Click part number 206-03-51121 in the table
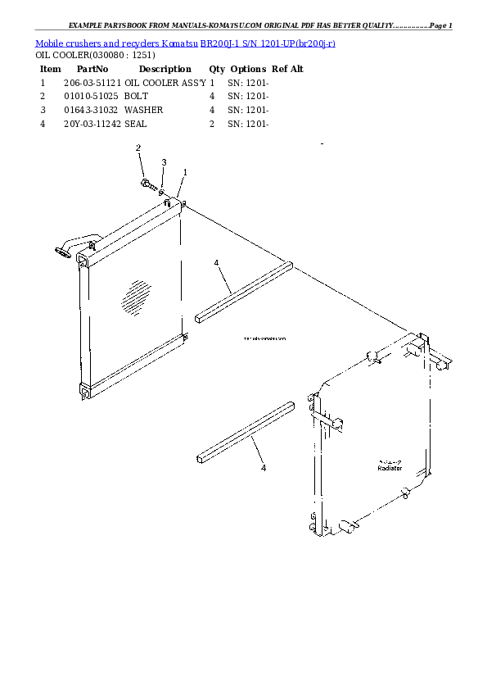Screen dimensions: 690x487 (x=92, y=83)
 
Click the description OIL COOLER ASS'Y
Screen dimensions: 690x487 (x=165, y=83)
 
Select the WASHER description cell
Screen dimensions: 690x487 (x=143, y=110)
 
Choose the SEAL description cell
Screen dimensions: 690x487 (x=136, y=124)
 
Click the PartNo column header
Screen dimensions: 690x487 (x=92, y=70)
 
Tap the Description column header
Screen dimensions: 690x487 (x=165, y=70)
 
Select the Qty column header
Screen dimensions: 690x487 (x=217, y=70)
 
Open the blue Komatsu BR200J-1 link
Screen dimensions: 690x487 (x=185, y=43)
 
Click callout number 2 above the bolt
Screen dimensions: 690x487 (x=138, y=148)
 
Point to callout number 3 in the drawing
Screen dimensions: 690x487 (x=164, y=162)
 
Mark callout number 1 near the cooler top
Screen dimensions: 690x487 (x=185, y=172)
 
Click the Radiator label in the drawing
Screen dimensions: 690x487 (x=390, y=468)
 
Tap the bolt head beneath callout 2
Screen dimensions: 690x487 (x=145, y=182)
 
